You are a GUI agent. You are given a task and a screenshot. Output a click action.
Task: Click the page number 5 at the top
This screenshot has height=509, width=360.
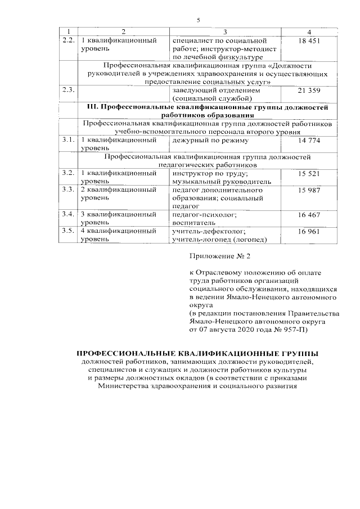[198, 20]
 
